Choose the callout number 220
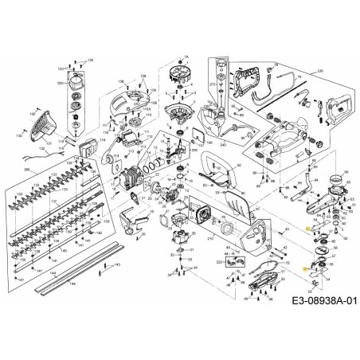point(219,260)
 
